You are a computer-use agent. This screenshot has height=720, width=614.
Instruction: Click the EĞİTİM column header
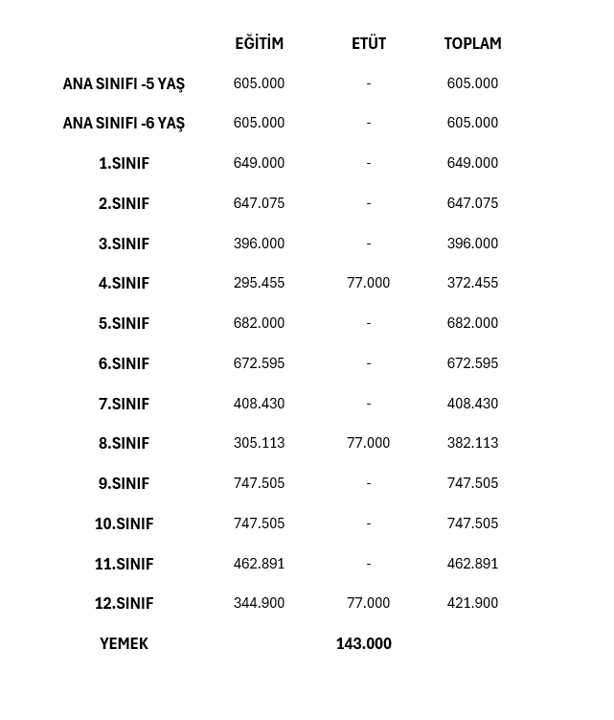click(x=259, y=43)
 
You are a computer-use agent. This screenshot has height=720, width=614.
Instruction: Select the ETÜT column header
click(x=369, y=43)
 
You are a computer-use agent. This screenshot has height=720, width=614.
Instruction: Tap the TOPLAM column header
click(x=472, y=43)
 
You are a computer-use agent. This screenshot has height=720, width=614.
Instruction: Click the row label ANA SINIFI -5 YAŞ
click(x=124, y=83)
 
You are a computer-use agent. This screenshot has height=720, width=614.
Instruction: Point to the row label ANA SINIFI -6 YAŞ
click(x=124, y=123)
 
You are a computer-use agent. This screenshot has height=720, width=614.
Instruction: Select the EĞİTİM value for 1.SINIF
click(x=259, y=163)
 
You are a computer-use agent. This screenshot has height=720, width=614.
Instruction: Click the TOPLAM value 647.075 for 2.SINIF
click(x=472, y=203)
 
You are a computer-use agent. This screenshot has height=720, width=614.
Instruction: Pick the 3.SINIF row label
click(x=124, y=244)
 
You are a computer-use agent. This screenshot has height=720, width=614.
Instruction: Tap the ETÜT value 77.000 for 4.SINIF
click(x=369, y=283)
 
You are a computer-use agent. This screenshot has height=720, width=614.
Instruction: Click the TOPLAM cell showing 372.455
click(x=472, y=283)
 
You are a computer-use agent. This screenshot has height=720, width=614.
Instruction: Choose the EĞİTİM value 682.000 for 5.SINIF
click(x=259, y=323)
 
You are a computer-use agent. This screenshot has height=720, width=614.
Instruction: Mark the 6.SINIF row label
click(x=124, y=363)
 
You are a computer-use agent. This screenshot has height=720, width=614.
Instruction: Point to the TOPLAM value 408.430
click(x=472, y=404)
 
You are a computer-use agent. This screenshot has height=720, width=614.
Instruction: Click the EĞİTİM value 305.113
click(x=259, y=443)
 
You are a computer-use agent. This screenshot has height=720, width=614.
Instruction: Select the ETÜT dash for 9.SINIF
click(x=369, y=483)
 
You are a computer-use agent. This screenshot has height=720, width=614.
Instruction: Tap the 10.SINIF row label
click(x=124, y=523)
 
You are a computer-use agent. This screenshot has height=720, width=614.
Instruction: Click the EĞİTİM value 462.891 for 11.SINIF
click(x=259, y=564)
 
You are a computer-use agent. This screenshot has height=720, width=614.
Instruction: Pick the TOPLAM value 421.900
click(x=472, y=603)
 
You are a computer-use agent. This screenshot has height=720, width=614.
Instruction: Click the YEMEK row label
click(x=124, y=643)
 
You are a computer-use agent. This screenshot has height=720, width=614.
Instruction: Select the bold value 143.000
click(x=363, y=643)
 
